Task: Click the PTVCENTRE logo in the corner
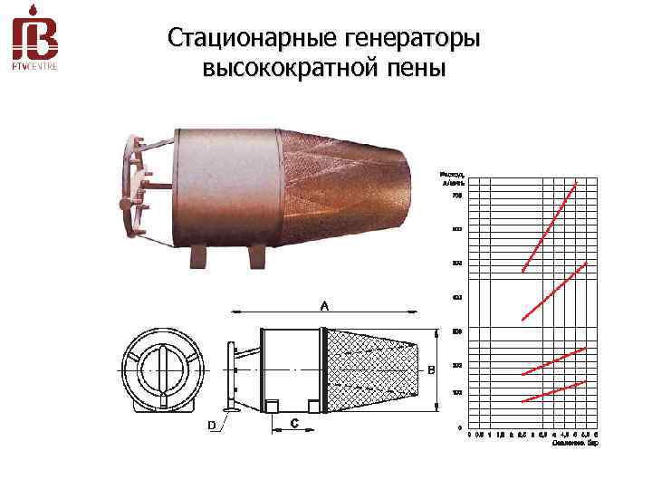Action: click(x=35, y=42)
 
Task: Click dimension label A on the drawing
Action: click(x=323, y=306)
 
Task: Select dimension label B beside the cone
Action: click(x=431, y=369)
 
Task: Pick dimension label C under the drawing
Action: click(x=294, y=423)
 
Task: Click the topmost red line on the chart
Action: click(x=550, y=226)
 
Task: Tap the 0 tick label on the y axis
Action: click(x=458, y=427)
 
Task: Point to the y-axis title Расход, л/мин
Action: click(x=452, y=177)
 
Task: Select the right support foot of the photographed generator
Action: click(x=258, y=256)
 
